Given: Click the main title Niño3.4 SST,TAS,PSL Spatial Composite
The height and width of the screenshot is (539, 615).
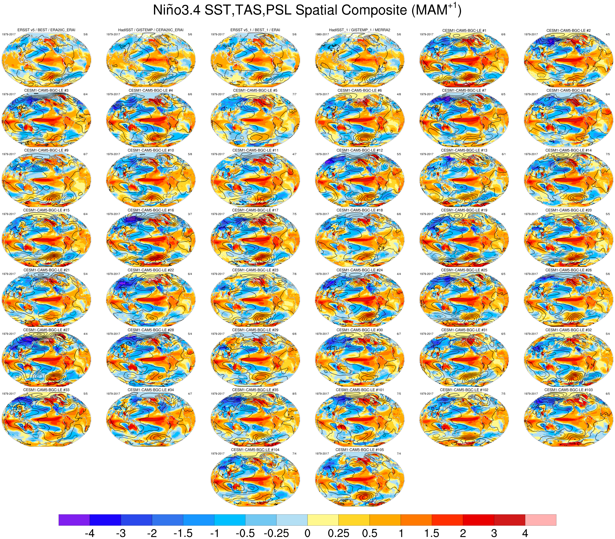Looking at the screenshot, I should (307, 10).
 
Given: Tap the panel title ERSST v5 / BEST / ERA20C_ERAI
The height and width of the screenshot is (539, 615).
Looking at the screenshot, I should (46, 30).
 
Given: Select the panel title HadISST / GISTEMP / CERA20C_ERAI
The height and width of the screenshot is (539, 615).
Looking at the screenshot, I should (151, 30).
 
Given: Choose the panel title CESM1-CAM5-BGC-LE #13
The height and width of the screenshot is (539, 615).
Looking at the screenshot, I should (464, 150).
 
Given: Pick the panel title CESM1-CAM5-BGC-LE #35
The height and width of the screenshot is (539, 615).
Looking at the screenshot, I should (255, 390).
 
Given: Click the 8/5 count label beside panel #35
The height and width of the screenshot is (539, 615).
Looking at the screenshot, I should (294, 394).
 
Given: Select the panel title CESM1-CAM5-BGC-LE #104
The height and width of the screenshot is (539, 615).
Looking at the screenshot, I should (255, 450).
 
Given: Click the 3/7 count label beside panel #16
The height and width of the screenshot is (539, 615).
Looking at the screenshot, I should (190, 214).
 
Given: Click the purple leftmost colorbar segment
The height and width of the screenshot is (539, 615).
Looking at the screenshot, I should (74, 520).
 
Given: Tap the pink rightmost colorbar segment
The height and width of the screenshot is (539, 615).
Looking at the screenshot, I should (541, 520).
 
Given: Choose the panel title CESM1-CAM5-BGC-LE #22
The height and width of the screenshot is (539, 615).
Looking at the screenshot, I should (151, 270).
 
